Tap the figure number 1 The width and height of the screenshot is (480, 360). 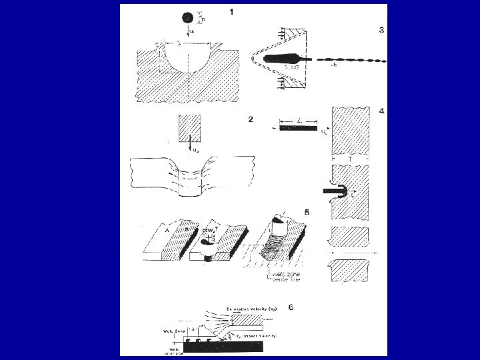point(231,12)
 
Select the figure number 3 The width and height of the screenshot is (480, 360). point(381,29)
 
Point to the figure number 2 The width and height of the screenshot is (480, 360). point(249,120)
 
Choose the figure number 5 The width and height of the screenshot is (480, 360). point(306,213)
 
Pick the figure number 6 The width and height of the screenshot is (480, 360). point(289,307)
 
